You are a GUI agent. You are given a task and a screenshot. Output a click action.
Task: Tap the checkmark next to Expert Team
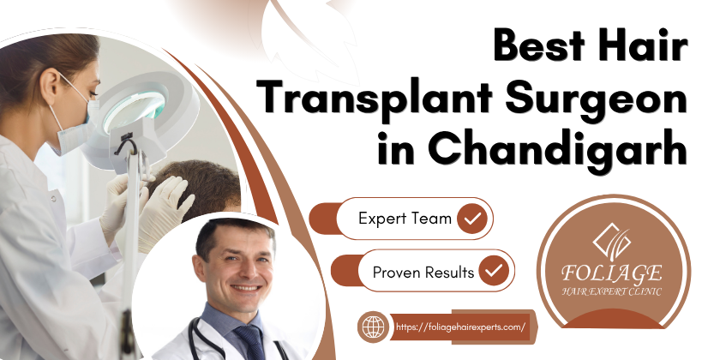point(473,219)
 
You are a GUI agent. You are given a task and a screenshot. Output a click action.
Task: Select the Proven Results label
point(423,273)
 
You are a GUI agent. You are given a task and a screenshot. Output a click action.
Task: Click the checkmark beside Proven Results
point(493,273)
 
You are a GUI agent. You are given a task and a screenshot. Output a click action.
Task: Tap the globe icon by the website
point(372,327)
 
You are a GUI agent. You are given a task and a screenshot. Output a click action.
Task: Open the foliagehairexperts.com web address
point(461,327)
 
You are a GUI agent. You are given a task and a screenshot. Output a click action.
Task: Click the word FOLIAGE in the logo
point(612,273)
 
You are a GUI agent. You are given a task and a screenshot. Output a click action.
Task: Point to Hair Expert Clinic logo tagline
point(612,291)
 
